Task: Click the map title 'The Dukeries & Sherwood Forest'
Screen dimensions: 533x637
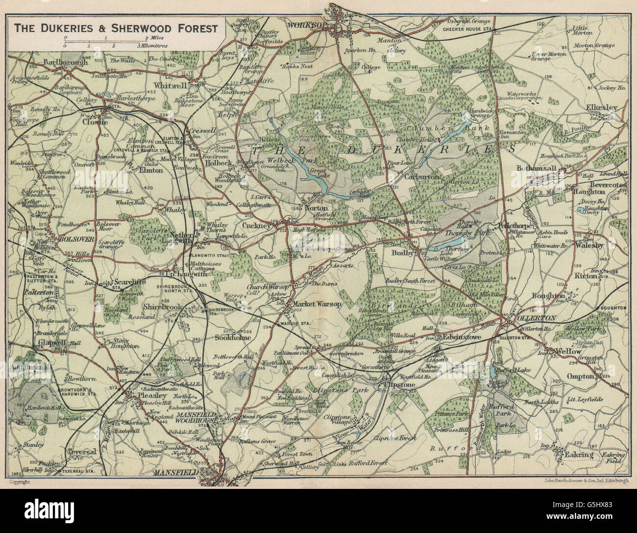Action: (116, 28)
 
